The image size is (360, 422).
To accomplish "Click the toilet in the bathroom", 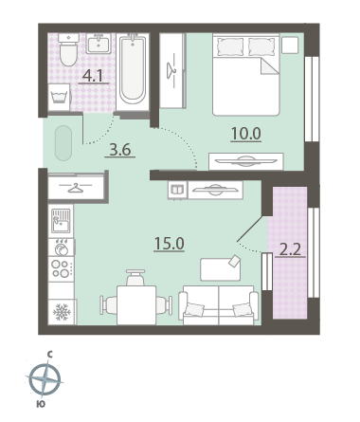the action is coord(69,49).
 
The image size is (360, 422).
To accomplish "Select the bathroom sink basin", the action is coord(99,44).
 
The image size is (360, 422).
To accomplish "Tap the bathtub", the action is coord(133,72).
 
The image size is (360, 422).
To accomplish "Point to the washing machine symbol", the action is coord(59,97).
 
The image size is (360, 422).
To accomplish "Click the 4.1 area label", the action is coord(93,76).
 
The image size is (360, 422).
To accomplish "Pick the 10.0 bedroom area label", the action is coord(245,134).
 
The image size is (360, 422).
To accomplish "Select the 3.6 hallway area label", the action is coord(120,150).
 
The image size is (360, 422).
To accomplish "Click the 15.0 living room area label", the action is coord(170,244).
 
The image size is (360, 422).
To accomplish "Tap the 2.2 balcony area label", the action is coord(290,250).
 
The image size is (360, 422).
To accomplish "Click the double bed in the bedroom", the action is coord(246,75).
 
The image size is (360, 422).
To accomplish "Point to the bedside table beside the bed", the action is coord(290,46).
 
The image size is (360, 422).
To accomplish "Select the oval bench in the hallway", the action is coord(63,143).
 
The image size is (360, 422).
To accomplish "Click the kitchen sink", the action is coord(62,221).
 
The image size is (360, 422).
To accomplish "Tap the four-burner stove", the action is coord(62,268).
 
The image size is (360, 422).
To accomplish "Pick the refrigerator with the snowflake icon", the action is coord(62,312).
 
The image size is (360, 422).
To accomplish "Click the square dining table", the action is coord(136,305).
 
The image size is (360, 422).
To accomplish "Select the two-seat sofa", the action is coord(218,305).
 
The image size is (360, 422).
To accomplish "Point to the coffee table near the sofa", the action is coord(221,269).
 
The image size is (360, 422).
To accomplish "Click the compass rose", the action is coord(45,379).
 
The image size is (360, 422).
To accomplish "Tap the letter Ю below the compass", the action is coord(41,404).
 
